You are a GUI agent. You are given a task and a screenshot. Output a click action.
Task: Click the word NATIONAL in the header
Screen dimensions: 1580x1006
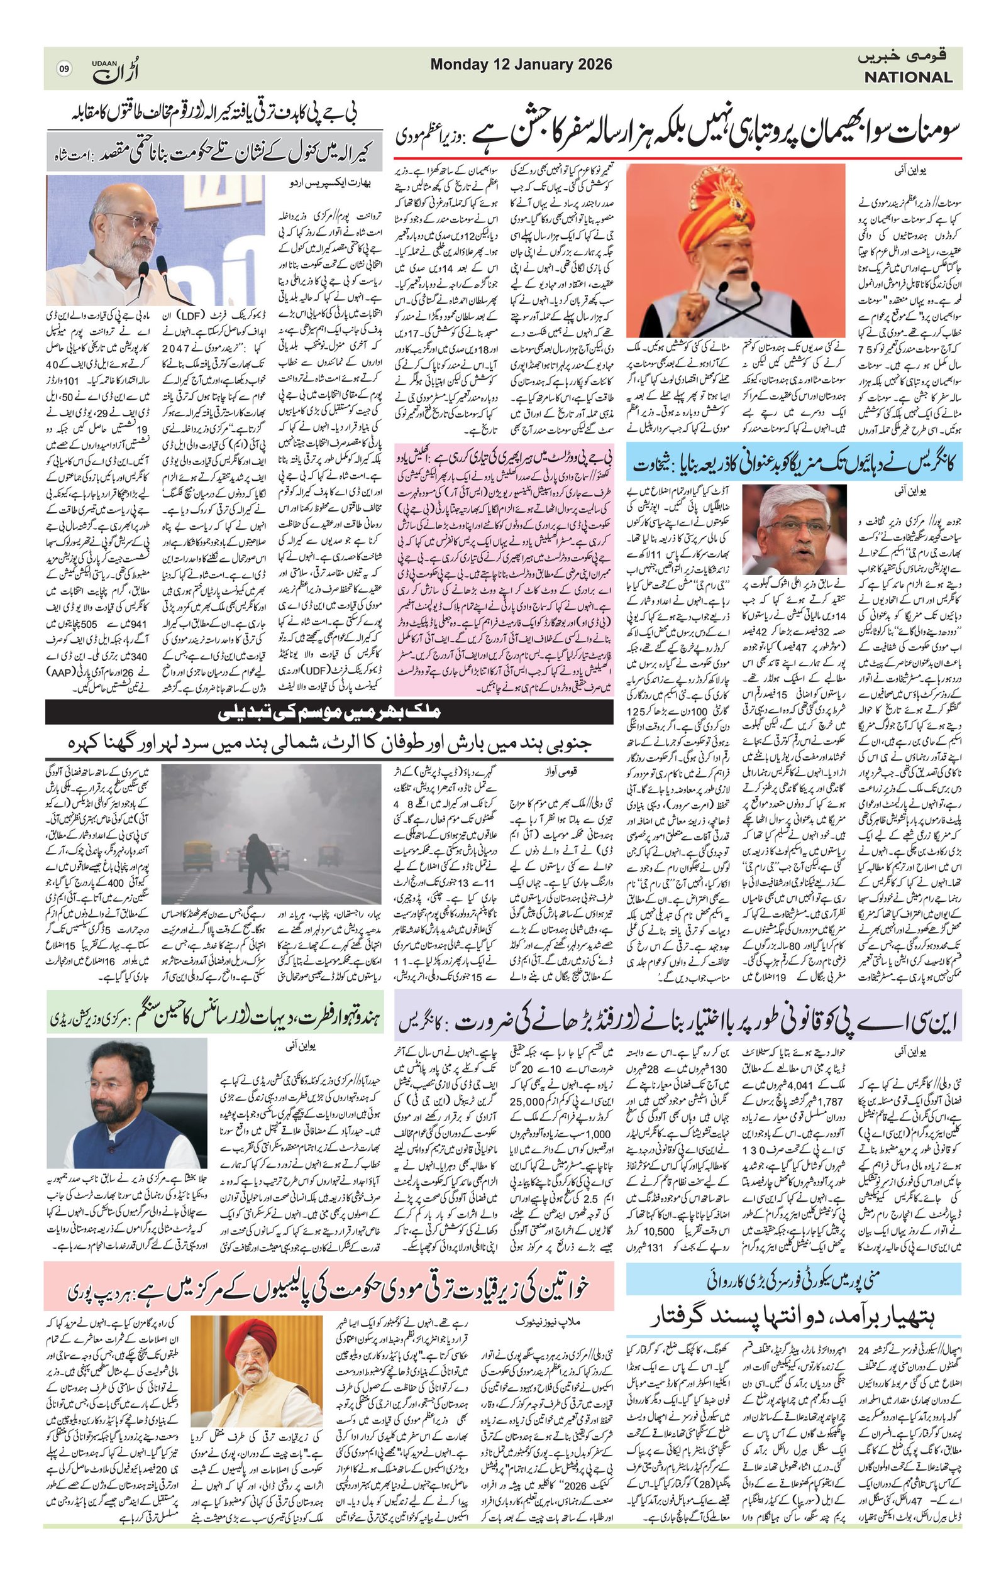(x=908, y=77)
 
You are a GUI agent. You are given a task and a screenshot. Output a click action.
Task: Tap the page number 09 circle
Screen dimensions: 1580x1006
(x=64, y=69)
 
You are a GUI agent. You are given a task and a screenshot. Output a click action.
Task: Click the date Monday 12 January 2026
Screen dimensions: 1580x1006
(x=521, y=64)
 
